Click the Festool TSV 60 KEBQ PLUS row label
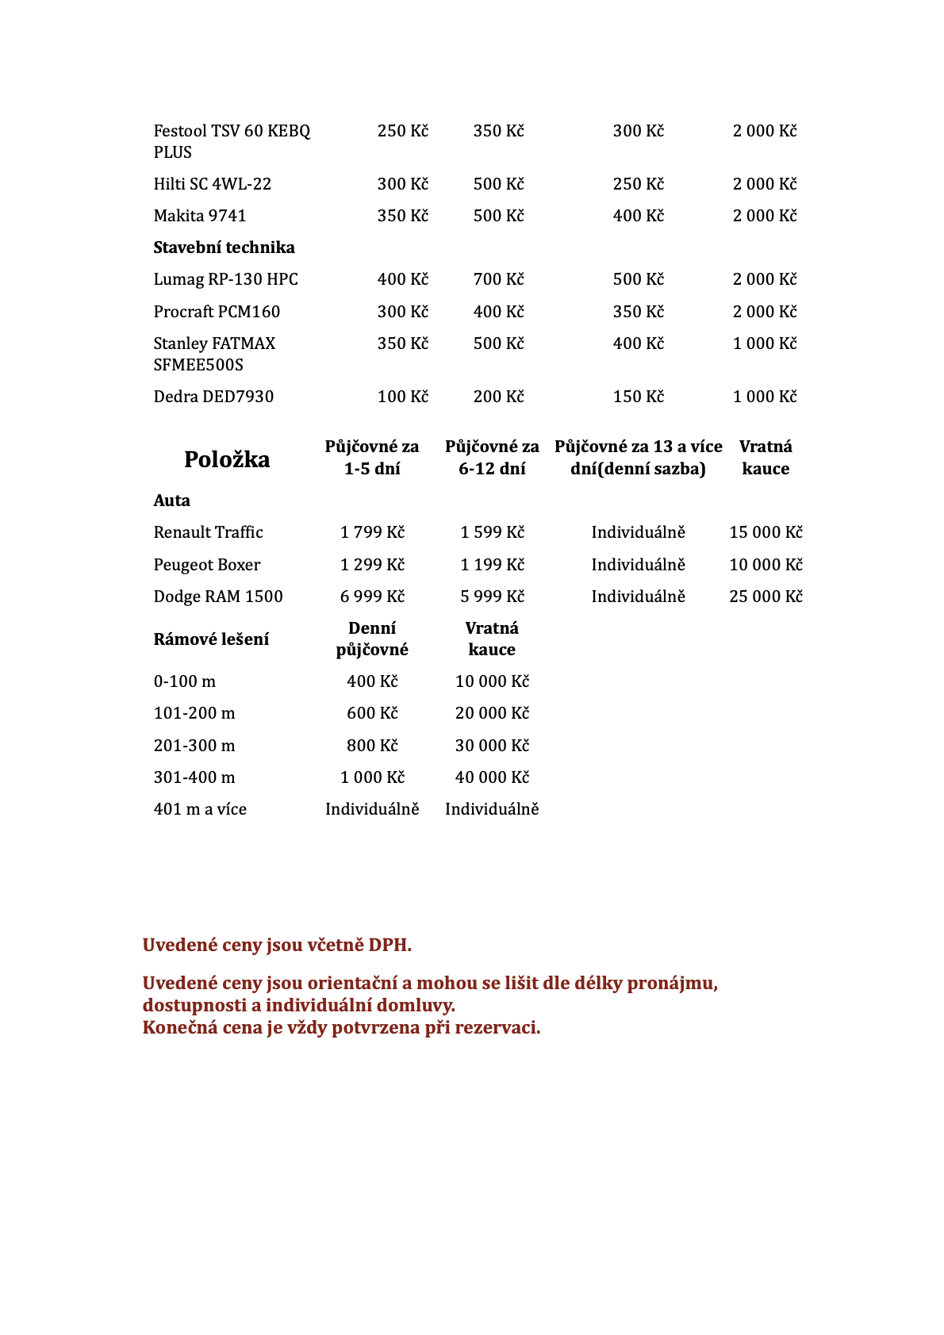tap(232, 141)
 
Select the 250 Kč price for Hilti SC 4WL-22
tap(638, 184)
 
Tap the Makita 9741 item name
tap(200, 216)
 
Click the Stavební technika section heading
tap(224, 247)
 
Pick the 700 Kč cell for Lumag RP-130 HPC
tap(498, 279)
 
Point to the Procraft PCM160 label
tap(217, 312)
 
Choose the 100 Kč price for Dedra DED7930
tap(402, 397)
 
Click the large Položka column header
tap(227, 459)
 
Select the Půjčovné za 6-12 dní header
tap(492, 458)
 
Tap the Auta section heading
tap(171, 501)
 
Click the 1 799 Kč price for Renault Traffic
tap(372, 532)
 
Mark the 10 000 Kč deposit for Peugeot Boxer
tap(766, 565)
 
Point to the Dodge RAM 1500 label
tap(218, 597)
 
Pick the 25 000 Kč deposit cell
tap(766, 597)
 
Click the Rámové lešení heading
tap(211, 639)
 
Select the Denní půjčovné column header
tap(372, 639)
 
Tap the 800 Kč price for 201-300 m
tap(372, 746)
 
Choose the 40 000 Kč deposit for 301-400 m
tap(492, 777)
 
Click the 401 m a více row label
tap(200, 809)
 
